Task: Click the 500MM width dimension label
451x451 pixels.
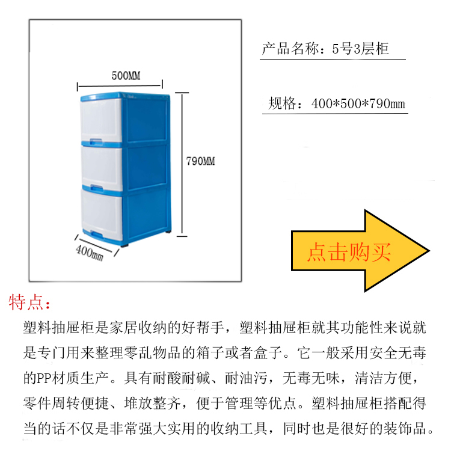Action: click(x=126, y=76)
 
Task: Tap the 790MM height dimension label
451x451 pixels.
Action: click(x=200, y=161)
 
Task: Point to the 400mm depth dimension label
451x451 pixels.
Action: click(x=90, y=253)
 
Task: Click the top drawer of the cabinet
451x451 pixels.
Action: click(x=101, y=120)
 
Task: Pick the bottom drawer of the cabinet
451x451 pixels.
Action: click(x=102, y=215)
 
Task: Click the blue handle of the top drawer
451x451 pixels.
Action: click(x=96, y=141)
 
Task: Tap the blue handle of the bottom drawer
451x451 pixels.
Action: click(x=97, y=235)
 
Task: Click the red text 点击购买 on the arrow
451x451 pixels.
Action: click(x=349, y=252)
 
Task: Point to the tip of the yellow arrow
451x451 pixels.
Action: click(x=429, y=251)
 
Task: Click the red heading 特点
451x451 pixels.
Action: click(x=26, y=302)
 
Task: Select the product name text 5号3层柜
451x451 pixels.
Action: click(x=360, y=48)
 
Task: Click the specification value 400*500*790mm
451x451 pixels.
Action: click(x=358, y=103)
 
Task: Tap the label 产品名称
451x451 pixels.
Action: click(x=290, y=48)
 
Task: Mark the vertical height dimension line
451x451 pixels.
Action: click(x=182, y=165)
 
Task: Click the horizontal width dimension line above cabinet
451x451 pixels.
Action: click(x=120, y=85)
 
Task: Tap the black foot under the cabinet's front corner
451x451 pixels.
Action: click(x=124, y=245)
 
